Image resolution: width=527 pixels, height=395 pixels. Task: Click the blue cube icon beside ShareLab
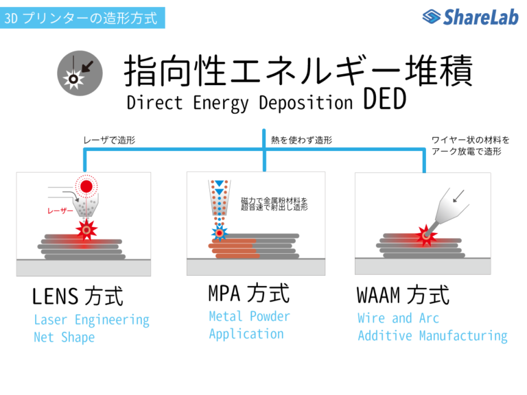431,16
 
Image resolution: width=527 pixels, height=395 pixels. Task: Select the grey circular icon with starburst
80,73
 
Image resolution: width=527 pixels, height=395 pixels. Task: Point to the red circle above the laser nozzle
86,187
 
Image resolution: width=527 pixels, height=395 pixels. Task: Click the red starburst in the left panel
85,230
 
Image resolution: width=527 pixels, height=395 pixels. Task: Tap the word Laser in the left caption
51,320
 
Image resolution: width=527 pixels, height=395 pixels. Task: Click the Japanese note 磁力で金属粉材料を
274,200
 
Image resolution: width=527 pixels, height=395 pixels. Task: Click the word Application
246,334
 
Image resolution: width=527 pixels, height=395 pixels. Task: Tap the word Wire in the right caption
371,318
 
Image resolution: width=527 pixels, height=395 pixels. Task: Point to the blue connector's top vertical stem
263,137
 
